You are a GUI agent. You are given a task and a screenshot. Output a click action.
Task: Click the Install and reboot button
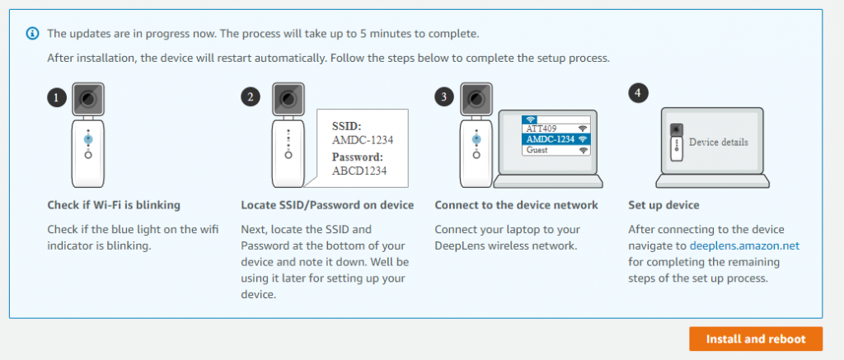click(756, 339)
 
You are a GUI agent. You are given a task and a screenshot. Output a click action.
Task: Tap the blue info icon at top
click(32, 34)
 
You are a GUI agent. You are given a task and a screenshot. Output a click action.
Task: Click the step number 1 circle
click(56, 98)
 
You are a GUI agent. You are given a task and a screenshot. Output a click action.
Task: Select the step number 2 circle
click(250, 97)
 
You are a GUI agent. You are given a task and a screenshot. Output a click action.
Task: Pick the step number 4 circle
click(637, 92)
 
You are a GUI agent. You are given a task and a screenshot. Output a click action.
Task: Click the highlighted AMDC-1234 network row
click(556, 139)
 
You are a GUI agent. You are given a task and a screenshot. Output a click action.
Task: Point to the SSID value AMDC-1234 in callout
click(362, 140)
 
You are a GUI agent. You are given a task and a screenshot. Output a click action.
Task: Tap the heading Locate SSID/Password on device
click(327, 204)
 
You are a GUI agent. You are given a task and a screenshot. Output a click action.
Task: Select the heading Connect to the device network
click(516, 204)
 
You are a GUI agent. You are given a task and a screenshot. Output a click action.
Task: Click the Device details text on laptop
click(718, 142)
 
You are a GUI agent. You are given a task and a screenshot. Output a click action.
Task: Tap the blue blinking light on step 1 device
click(87, 141)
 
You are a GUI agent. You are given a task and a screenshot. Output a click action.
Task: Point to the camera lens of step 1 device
click(87, 99)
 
